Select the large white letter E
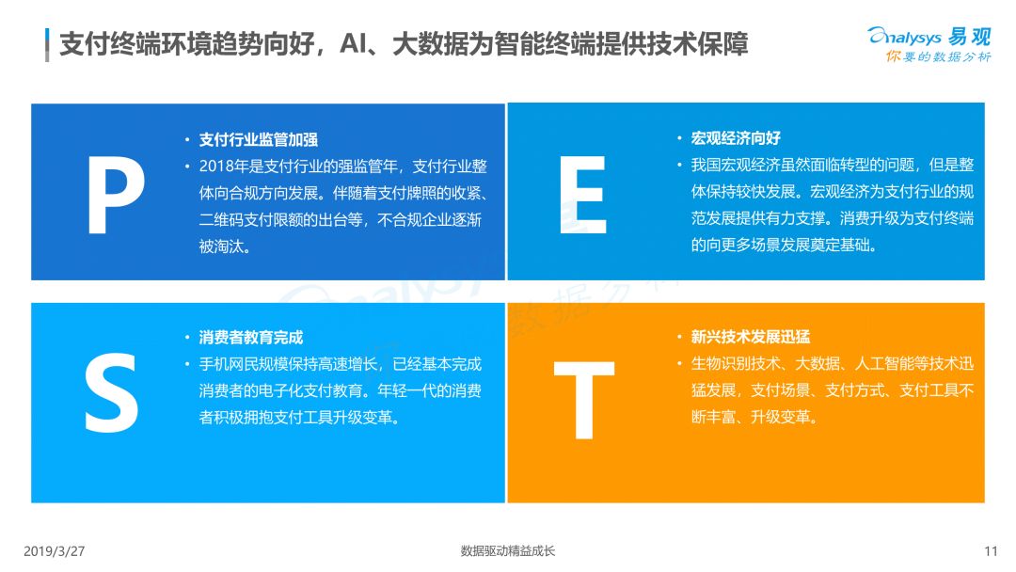coord(582,195)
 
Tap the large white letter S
coord(111,392)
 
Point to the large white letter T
coord(584,400)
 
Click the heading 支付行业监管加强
coord(259,139)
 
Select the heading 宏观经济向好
coord(736,138)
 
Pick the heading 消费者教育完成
coord(251,337)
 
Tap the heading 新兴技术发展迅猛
coord(751,336)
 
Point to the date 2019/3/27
coord(55,551)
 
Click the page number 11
coord(991,551)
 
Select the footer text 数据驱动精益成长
coord(508,551)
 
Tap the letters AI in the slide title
coord(353,44)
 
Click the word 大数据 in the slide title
coord(430,44)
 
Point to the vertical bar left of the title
coord(47,45)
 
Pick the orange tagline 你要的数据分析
coord(939,57)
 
